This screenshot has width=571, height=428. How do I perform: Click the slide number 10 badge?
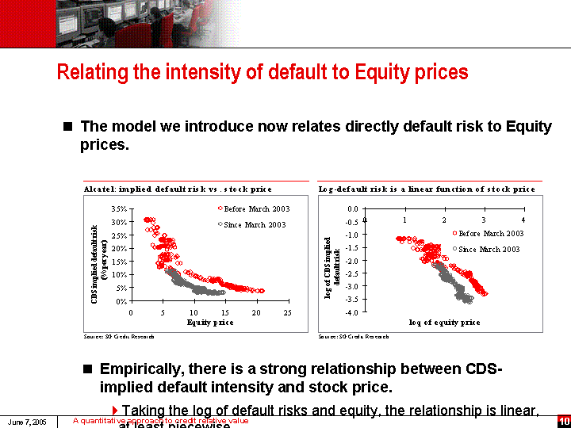tap(564, 421)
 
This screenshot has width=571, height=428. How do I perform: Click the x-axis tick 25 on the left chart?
tap(287, 313)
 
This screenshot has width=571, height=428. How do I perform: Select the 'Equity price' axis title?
tap(210, 323)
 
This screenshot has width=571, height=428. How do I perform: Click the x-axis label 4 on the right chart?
tap(523, 219)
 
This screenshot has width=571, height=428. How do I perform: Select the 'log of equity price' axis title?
tap(444, 323)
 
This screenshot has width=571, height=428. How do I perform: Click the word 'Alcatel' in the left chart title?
tap(99, 189)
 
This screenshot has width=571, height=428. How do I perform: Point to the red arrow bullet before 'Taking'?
tap(115, 410)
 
